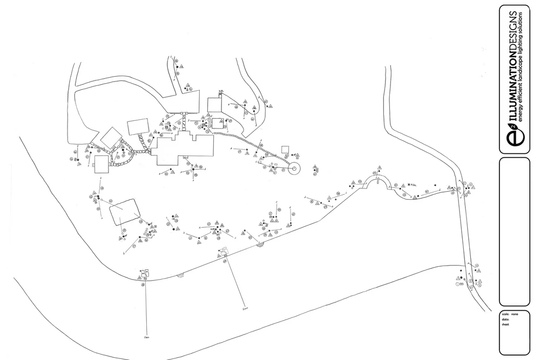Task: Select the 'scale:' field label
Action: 505,314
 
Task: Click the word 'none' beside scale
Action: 515,314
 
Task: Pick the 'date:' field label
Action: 505,320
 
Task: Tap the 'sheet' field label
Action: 505,325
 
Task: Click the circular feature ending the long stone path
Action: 294,169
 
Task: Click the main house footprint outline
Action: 184,148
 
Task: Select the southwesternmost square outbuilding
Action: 102,167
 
